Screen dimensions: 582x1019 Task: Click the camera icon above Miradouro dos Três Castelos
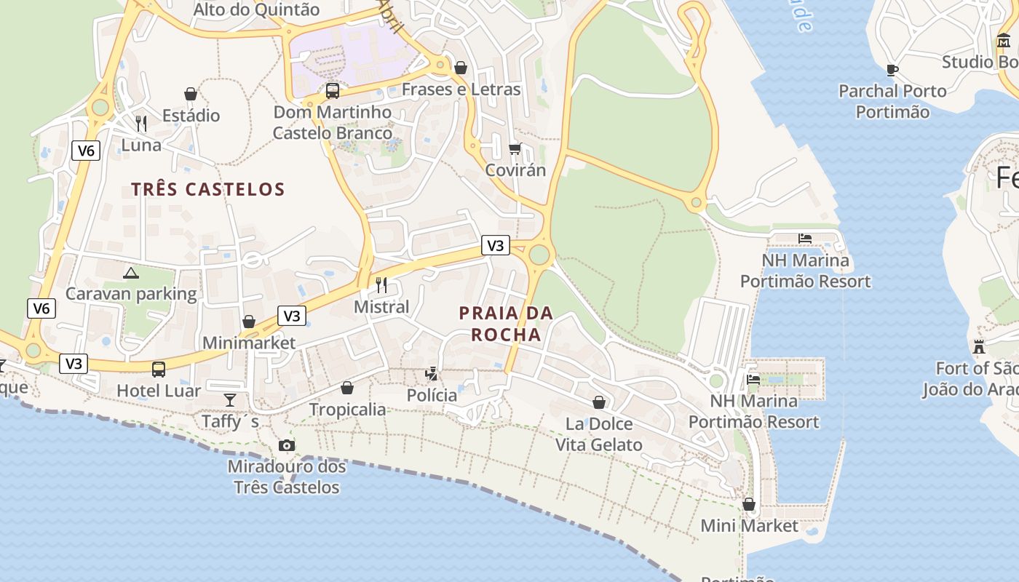[x=287, y=445]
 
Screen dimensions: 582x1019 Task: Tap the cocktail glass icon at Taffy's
[x=230, y=399]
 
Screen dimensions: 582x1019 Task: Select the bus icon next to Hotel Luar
[x=159, y=370]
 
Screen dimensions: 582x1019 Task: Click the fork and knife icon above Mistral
[x=381, y=284]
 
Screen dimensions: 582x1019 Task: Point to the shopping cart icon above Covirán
[x=515, y=148]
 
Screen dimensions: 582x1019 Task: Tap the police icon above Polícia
[x=432, y=374]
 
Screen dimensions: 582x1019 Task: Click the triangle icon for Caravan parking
[x=131, y=273]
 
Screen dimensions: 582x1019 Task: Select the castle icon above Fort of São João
[x=979, y=346]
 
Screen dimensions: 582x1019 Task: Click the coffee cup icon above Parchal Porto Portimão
[x=892, y=70]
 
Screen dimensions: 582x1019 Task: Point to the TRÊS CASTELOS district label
[x=207, y=189]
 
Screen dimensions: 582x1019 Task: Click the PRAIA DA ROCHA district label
[x=506, y=324]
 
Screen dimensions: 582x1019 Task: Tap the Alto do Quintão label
[x=256, y=10]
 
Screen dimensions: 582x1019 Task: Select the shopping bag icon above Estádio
[x=191, y=94]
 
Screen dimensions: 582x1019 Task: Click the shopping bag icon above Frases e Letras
[x=461, y=68]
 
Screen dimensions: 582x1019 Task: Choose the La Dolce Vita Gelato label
[x=599, y=434]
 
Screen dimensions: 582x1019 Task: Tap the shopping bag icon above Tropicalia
[x=347, y=388]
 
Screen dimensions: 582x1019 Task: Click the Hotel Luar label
[x=159, y=391]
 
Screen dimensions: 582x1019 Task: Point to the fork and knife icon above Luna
[x=141, y=124]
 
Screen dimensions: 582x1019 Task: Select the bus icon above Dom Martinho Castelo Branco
[x=333, y=91]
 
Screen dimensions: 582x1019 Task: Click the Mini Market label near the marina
[x=749, y=525]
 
